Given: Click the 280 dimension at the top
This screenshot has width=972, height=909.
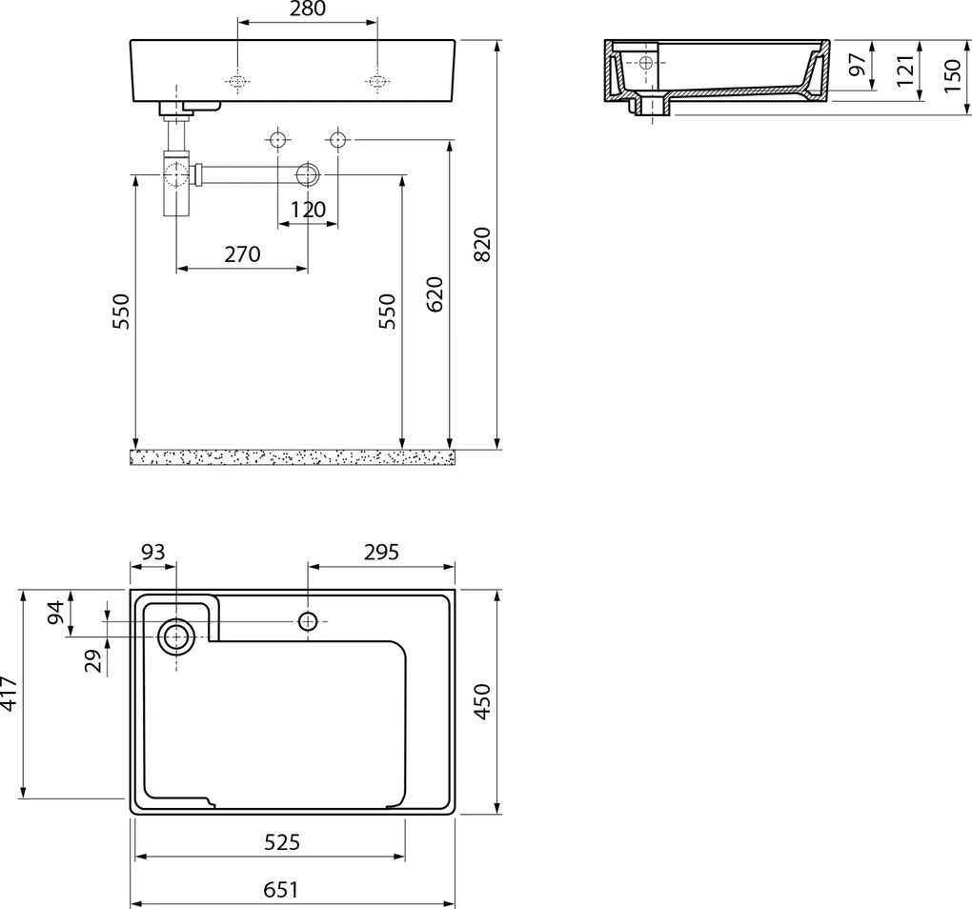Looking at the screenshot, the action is [308, 9].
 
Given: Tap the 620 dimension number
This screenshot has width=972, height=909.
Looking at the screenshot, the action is [435, 294].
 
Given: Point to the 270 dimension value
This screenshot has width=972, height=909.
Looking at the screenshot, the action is [242, 254].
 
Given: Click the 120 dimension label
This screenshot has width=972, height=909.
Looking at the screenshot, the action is [308, 210].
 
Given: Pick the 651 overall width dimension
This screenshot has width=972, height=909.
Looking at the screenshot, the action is [281, 890].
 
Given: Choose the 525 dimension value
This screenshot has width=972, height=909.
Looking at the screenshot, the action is [282, 842].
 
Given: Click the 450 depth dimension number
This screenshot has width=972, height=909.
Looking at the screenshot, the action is [482, 701].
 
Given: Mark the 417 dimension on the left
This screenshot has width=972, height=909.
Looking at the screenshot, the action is [9, 694].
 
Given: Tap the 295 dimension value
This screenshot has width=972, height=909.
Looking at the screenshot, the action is [381, 552].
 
